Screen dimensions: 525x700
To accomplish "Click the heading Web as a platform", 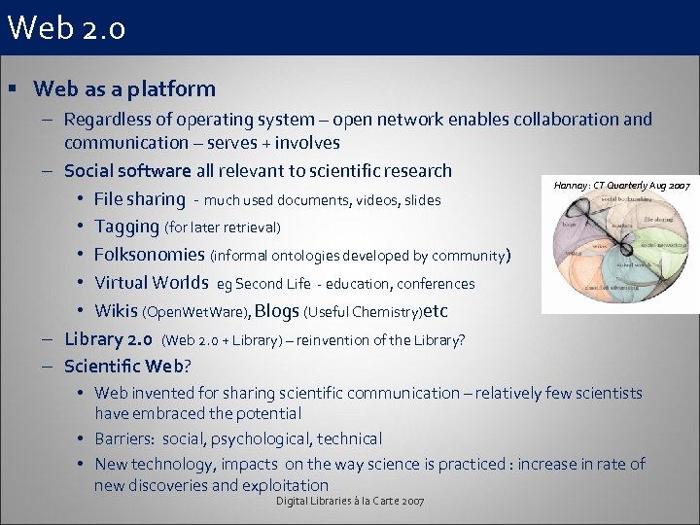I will [x=124, y=88].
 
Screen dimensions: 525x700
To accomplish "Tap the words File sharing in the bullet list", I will [x=139, y=199].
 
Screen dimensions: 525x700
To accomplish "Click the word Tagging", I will [x=126, y=227].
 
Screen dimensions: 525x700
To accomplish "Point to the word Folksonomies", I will [x=150, y=255].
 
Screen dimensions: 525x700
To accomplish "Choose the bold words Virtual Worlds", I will [x=151, y=283].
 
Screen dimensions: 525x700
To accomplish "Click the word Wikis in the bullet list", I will [x=117, y=311].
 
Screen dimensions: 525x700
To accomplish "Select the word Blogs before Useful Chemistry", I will [x=277, y=311].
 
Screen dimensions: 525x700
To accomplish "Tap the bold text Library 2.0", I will [x=108, y=339].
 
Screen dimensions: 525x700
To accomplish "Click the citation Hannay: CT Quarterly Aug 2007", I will [x=621, y=184].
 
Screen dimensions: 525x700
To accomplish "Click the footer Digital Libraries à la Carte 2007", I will [x=350, y=500].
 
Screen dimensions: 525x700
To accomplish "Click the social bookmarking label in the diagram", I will [x=627, y=198].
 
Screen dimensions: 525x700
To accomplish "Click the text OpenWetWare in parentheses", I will [x=197, y=312].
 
